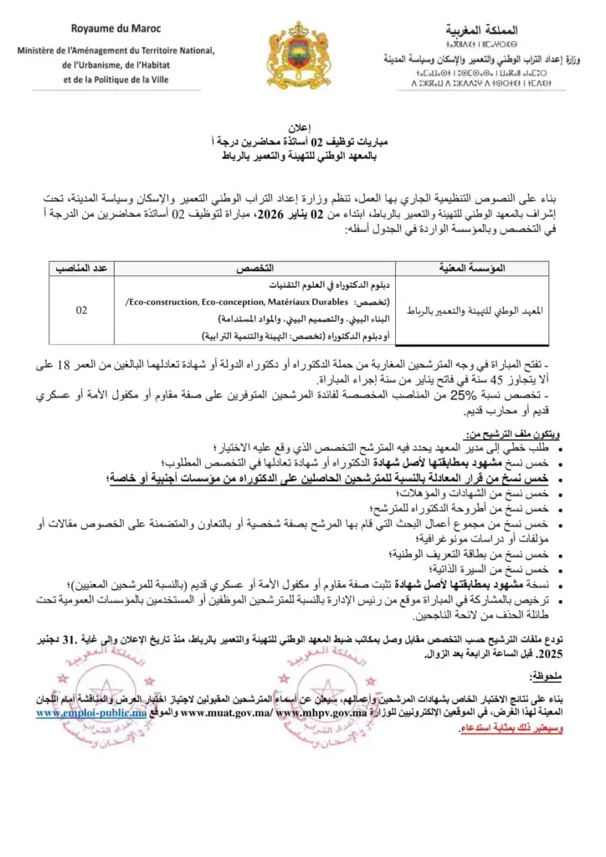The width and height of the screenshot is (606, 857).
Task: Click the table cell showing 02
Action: coord(82,310)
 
